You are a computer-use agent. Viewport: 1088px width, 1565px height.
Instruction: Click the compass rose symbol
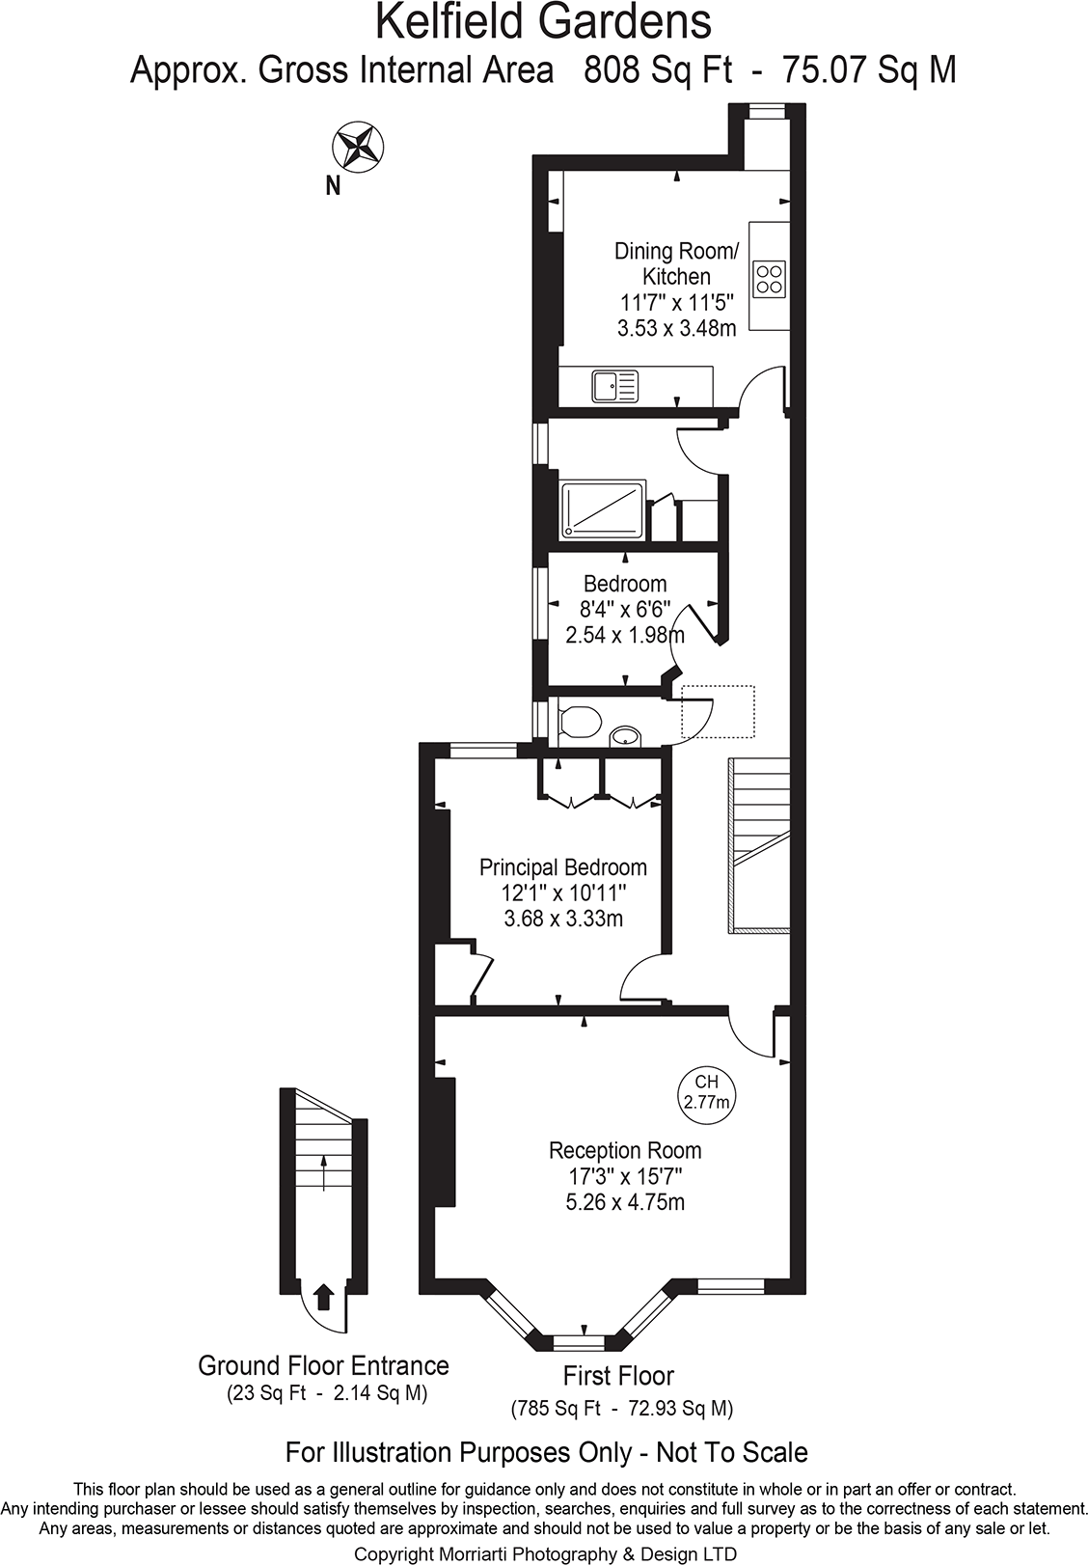[358, 147]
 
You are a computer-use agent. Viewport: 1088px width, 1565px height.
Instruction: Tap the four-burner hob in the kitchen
[770, 279]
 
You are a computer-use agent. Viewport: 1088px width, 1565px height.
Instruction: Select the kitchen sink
[614, 387]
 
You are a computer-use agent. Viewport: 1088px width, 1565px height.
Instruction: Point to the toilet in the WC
[579, 721]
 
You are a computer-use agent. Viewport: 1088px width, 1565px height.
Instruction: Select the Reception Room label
[625, 1150]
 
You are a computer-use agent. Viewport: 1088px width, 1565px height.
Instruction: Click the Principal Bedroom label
[563, 866]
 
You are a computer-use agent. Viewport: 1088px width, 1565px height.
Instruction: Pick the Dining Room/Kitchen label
[676, 263]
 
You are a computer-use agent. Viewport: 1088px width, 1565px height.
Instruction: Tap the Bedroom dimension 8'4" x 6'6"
[624, 609]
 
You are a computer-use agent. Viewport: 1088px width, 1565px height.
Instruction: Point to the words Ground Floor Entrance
[323, 1365]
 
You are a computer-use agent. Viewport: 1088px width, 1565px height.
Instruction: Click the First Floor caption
[618, 1376]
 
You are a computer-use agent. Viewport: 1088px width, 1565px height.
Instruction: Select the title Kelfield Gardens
[544, 21]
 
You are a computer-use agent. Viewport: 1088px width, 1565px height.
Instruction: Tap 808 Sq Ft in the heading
[658, 69]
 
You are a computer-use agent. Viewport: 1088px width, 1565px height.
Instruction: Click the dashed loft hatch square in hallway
[718, 711]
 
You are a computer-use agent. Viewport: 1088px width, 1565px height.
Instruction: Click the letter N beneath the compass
[333, 186]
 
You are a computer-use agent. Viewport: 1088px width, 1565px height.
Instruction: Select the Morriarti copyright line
[545, 1553]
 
